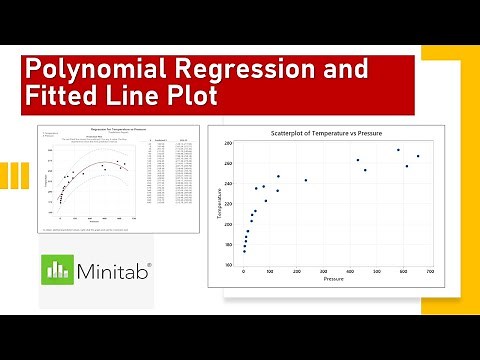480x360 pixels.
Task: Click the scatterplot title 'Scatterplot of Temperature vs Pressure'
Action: click(x=328, y=133)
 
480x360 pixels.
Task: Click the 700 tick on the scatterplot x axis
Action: click(x=430, y=270)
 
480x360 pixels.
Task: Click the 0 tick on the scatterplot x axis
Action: click(x=243, y=270)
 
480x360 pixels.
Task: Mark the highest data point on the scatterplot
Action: click(x=398, y=150)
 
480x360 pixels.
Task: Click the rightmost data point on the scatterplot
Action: click(x=418, y=156)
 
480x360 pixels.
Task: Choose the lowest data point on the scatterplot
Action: click(x=244, y=251)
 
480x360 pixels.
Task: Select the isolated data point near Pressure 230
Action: click(x=306, y=180)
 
